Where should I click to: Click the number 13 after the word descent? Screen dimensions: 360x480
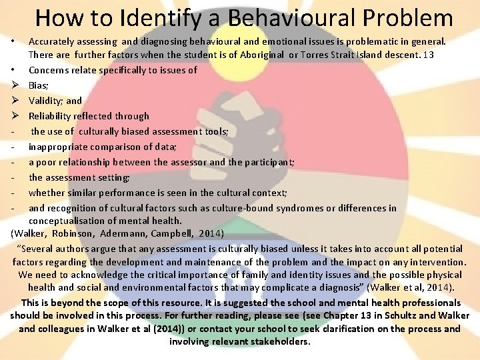428,55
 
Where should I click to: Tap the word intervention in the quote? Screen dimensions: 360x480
437,262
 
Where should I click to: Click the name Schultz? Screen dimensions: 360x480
383,315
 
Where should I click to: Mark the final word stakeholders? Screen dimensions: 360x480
275,342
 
